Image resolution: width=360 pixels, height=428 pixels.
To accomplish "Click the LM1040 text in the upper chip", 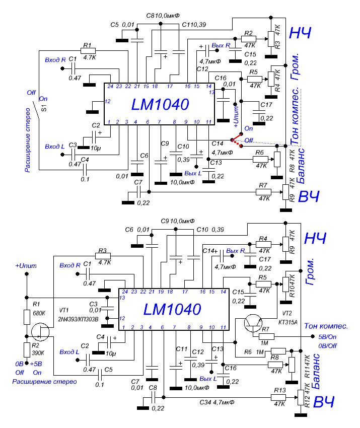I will point(160,105).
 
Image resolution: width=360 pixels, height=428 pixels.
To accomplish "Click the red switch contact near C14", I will point(236,141).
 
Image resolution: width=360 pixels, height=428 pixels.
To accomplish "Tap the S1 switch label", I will point(44,107).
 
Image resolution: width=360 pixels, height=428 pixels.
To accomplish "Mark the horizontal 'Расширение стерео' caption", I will point(44,382).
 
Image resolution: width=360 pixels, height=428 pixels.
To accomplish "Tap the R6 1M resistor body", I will point(278,351).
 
